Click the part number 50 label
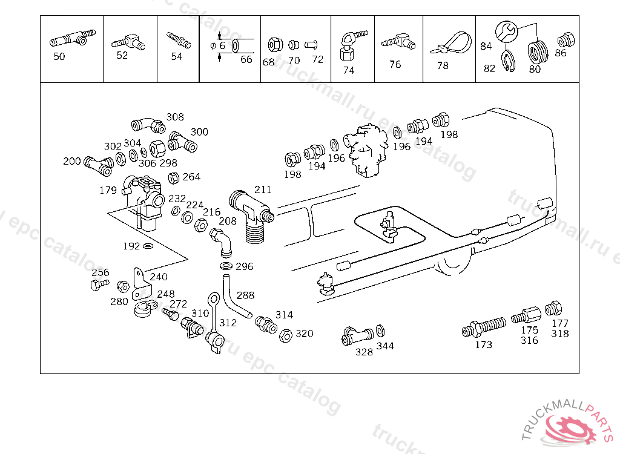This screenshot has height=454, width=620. (59, 56)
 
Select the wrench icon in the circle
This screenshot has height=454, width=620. (507, 31)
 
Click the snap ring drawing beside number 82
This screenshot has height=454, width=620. (507, 61)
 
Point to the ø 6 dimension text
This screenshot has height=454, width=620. (218, 46)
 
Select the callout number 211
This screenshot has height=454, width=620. (263, 190)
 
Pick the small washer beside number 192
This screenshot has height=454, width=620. (148, 246)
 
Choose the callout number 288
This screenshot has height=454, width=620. (246, 295)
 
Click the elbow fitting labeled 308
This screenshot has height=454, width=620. (148, 124)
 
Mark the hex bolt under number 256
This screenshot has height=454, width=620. (99, 285)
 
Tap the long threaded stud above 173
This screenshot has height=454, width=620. (484, 327)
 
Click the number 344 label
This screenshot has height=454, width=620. (385, 346)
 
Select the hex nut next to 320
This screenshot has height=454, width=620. (286, 335)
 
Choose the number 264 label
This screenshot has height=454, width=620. (192, 177)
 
